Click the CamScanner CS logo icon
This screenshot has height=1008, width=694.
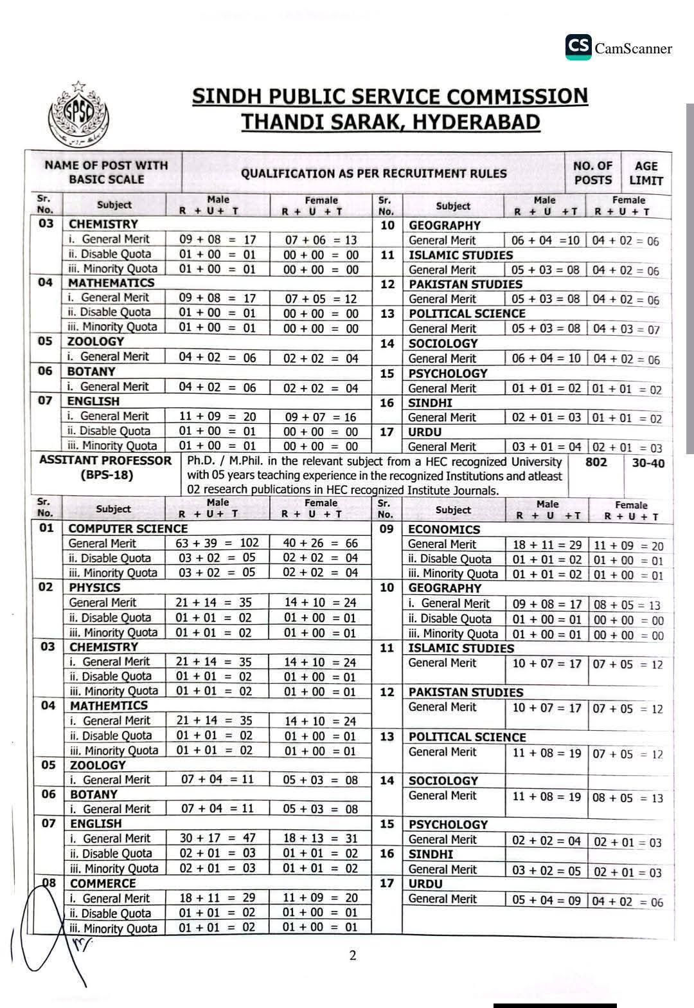[578, 47]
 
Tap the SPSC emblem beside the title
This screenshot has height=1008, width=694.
[78, 115]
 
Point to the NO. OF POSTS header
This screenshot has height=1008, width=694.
[592, 173]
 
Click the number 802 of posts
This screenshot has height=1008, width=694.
[596, 462]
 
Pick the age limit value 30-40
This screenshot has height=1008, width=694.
[648, 463]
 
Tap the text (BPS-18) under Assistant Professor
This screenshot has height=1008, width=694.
[107, 475]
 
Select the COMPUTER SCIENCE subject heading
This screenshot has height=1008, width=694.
[128, 528]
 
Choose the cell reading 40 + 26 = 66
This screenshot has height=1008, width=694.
[320, 543]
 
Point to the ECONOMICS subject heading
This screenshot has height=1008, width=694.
[444, 529]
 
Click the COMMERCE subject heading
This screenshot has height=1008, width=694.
[103, 883]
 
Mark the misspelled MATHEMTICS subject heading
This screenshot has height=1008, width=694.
[109, 706]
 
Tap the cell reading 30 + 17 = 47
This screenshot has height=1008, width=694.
[217, 838]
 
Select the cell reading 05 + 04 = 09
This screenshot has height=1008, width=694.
[546, 900]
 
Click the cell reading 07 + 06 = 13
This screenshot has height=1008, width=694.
[321, 240]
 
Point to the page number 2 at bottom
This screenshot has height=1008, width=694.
[352, 955]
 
